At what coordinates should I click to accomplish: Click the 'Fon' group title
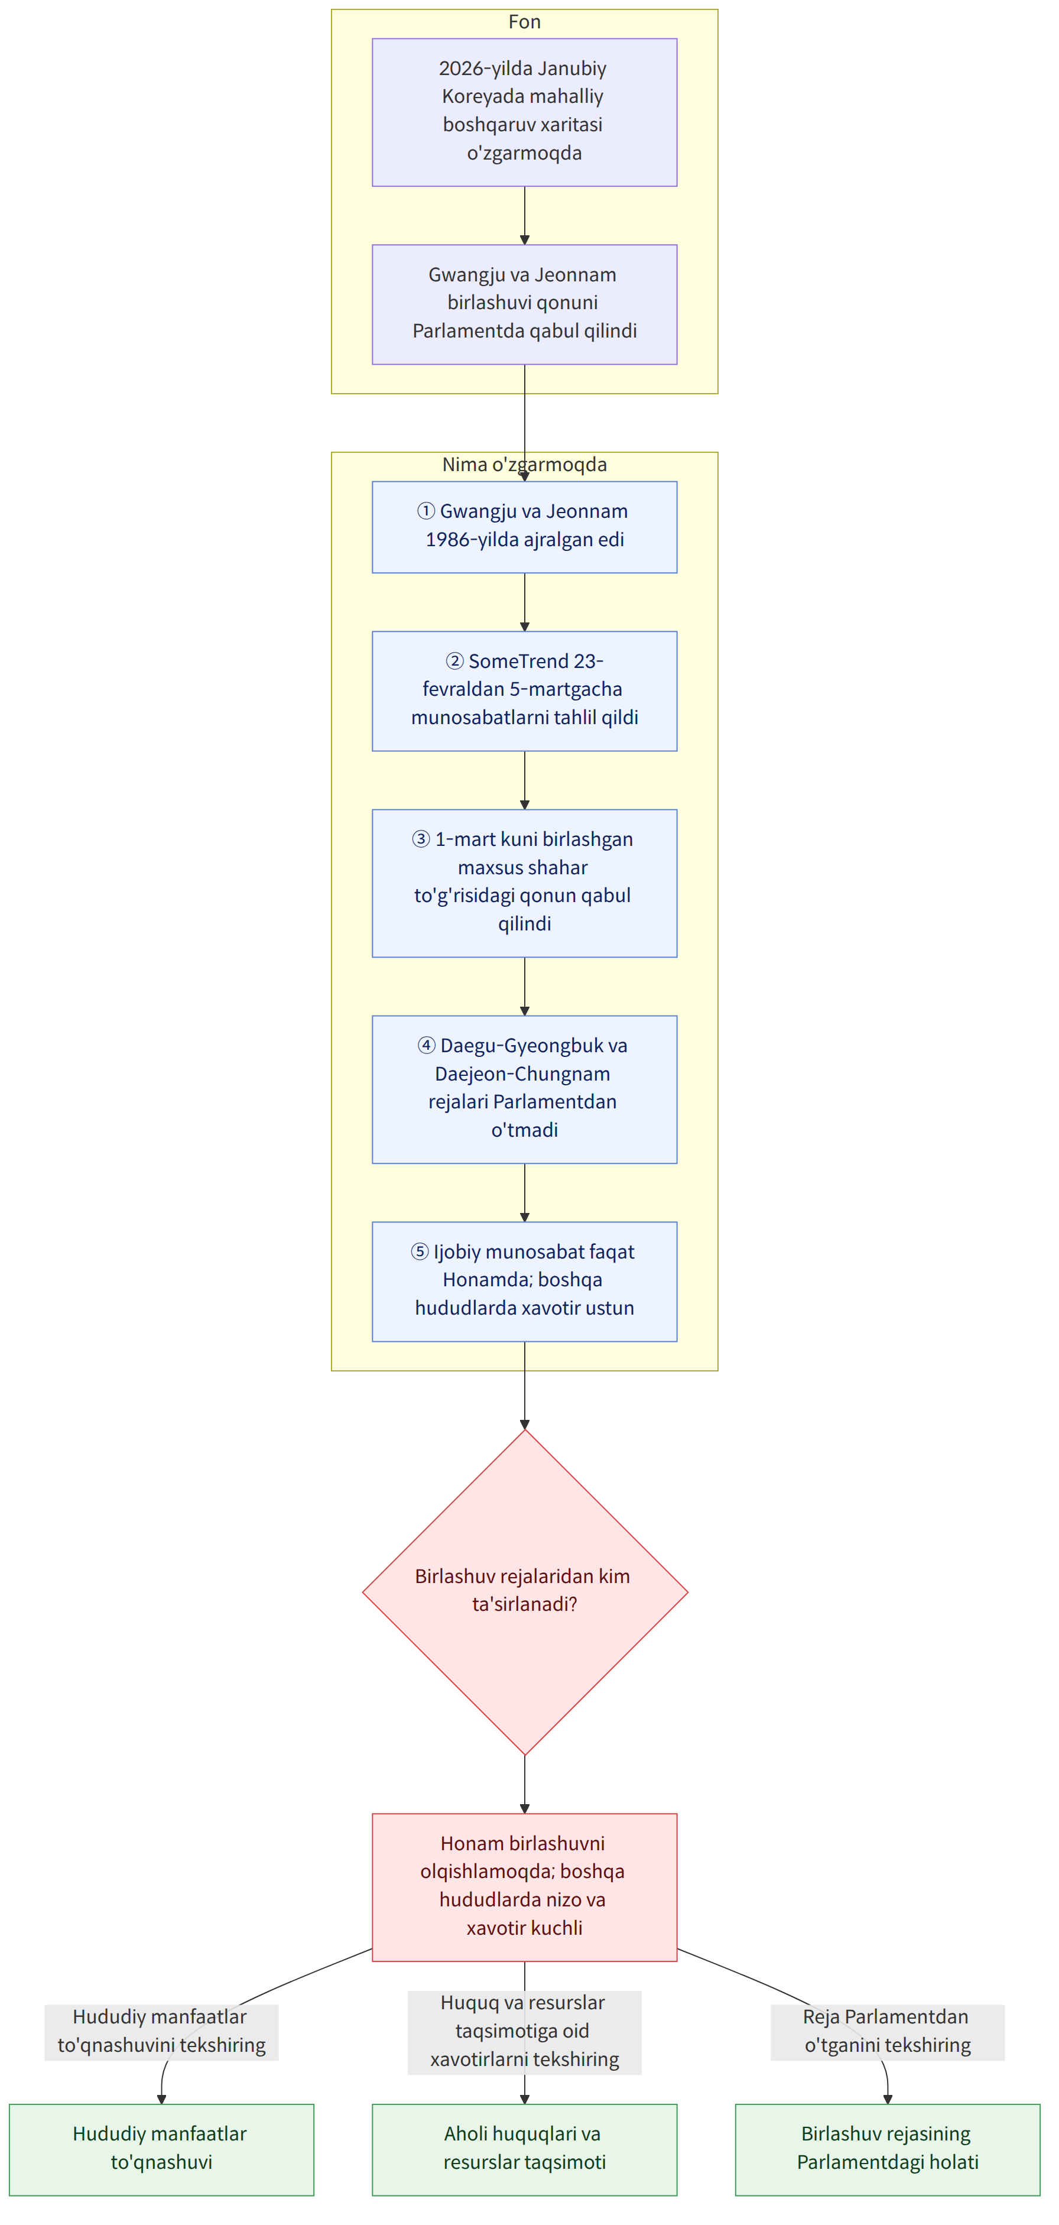click(x=524, y=22)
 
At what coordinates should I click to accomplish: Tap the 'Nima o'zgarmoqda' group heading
click(x=524, y=464)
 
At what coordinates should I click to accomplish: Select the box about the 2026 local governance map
click(x=524, y=112)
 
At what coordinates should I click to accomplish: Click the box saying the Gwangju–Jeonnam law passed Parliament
click(x=524, y=304)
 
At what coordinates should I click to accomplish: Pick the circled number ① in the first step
click(x=426, y=511)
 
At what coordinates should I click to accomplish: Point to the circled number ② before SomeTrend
click(x=454, y=661)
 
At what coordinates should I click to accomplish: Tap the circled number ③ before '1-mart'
click(x=421, y=839)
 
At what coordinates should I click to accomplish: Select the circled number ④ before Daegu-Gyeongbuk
click(x=427, y=1046)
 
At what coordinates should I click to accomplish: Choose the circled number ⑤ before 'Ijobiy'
click(x=420, y=1251)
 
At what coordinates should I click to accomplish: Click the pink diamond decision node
click(x=524, y=1591)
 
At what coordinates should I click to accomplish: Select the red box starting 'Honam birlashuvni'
click(x=524, y=1886)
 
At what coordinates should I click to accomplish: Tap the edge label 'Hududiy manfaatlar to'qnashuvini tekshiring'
click(x=161, y=2032)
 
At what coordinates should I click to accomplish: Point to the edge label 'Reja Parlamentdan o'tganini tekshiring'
click(x=887, y=2032)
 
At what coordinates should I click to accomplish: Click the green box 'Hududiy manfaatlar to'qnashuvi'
click(x=161, y=2149)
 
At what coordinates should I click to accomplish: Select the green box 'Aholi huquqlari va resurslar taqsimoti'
click(x=524, y=2149)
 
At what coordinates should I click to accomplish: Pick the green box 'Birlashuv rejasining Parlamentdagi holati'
click(x=887, y=2149)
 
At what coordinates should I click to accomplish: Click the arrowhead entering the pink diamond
click(x=524, y=1424)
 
